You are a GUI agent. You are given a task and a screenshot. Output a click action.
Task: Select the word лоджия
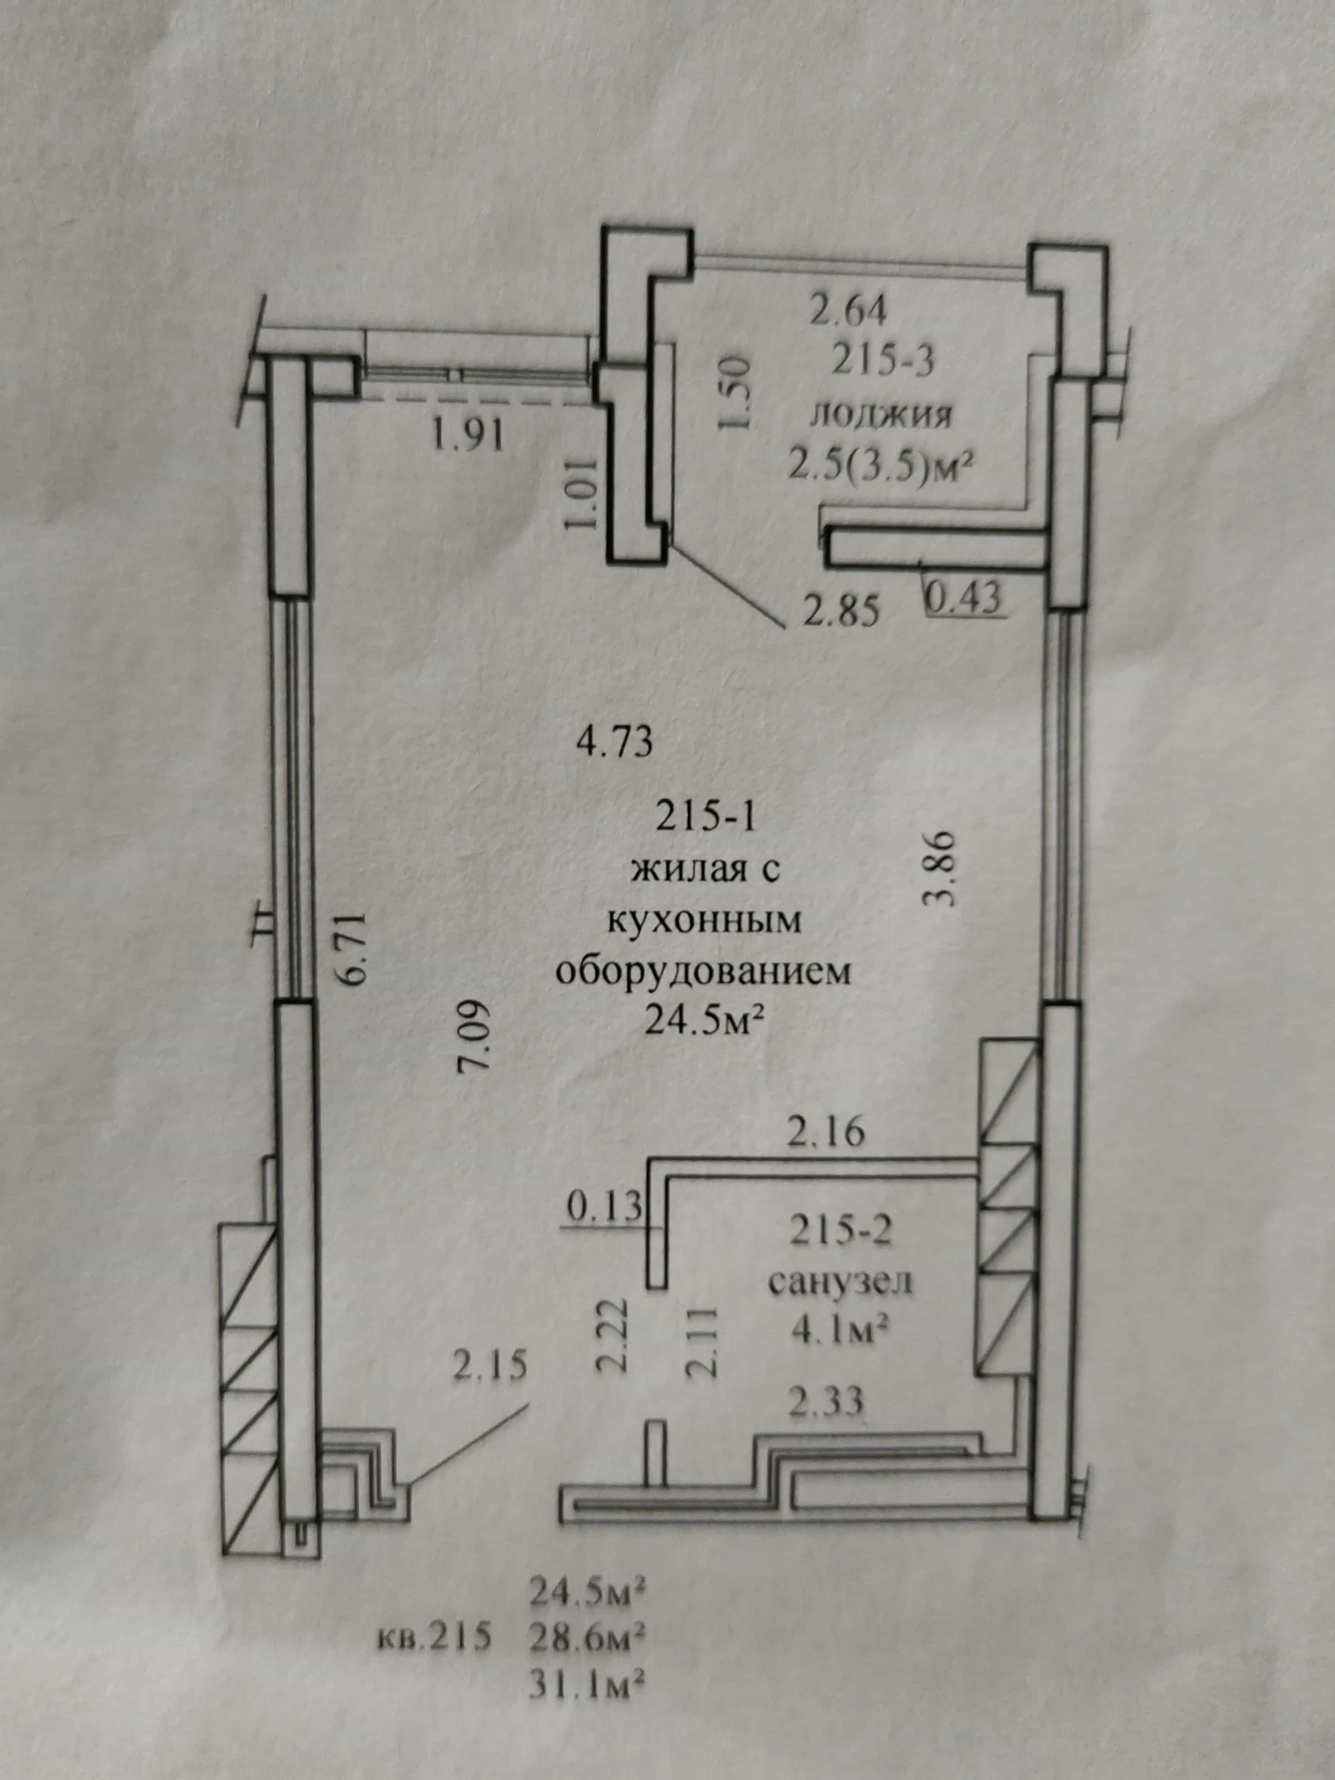(881, 416)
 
